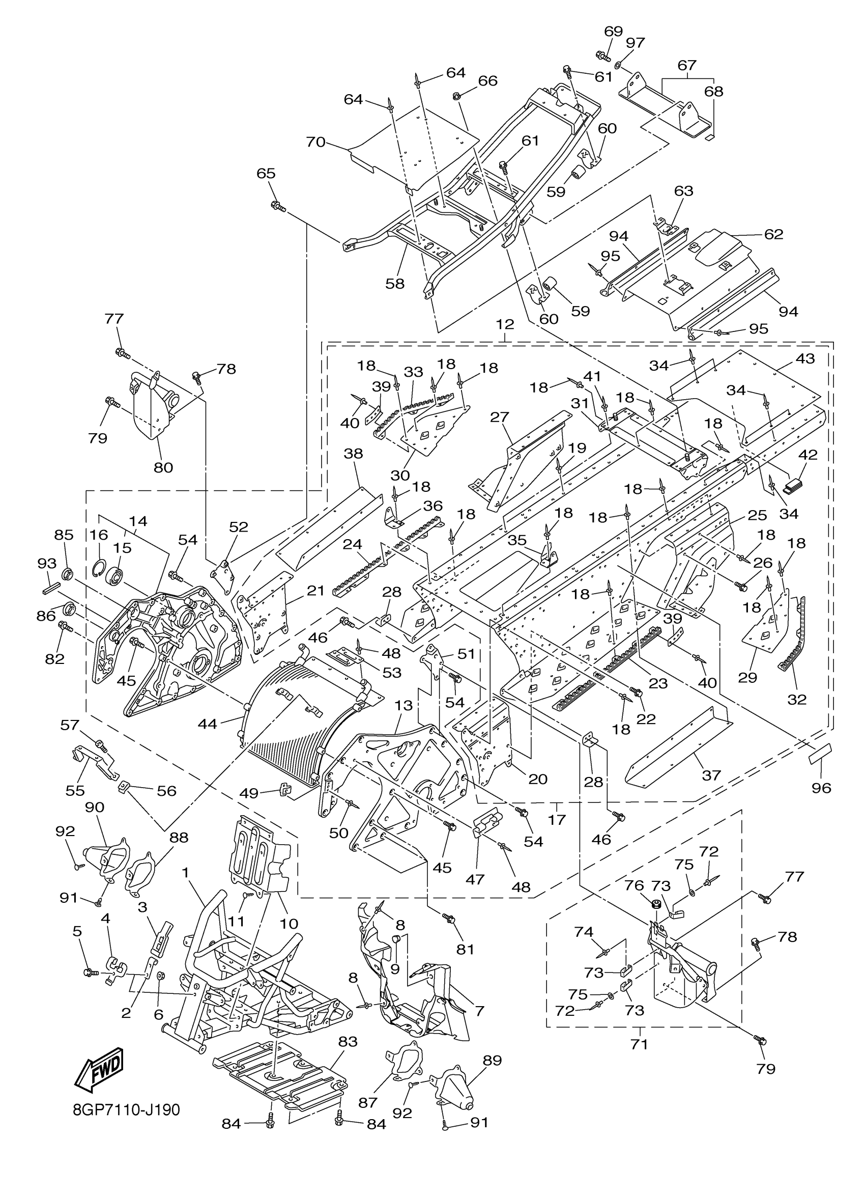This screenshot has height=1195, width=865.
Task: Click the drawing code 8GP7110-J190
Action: point(126,1110)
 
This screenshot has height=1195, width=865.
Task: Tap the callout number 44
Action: point(208,724)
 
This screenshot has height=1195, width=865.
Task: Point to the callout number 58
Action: point(395,284)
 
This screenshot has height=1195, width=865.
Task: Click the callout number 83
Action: point(348,1042)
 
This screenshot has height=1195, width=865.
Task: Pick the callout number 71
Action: point(639,1044)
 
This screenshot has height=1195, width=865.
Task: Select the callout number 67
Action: point(686,65)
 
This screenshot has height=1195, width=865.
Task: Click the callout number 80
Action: point(163,467)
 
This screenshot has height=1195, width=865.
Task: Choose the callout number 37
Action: point(711,775)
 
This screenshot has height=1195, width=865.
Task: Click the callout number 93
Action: point(47,563)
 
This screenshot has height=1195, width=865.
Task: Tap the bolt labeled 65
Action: point(277,207)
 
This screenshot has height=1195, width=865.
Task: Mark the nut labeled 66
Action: point(456,96)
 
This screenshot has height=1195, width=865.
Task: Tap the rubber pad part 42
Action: point(793,484)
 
